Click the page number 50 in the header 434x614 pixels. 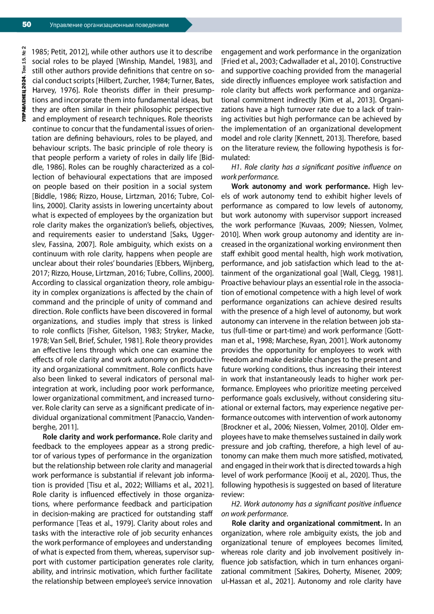27,25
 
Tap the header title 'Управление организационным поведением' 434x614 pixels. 109,25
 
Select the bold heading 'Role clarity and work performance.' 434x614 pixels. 102,437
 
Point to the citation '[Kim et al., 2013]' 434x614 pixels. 347,100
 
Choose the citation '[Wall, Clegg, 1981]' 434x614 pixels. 371,273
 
